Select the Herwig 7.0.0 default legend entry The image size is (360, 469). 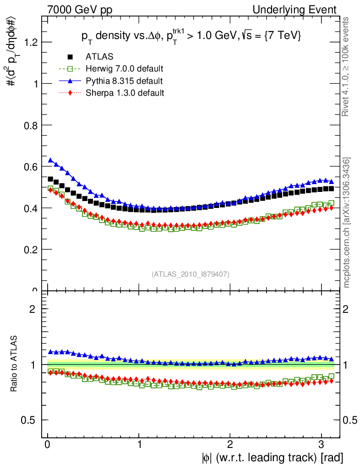coord(124,69)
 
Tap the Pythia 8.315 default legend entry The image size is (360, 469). coord(124,81)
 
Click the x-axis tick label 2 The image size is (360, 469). coord(230,444)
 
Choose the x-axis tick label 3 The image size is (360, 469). coord(322,444)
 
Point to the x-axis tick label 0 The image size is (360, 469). coord(48,444)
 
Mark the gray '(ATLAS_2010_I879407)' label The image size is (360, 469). coord(191,274)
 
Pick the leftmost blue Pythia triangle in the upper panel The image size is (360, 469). coord(50,160)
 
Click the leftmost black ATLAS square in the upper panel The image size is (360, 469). coord(50,179)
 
